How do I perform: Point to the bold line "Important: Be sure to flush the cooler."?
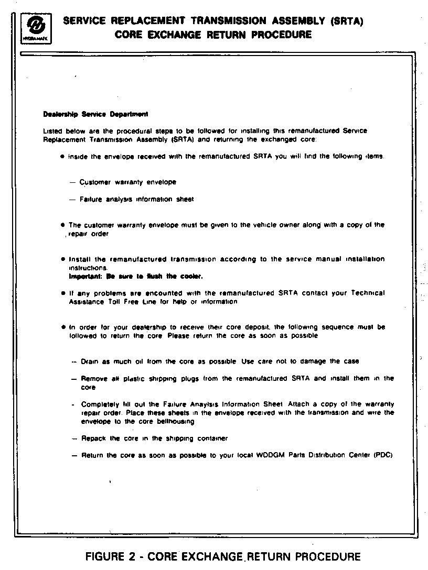[x=136, y=276]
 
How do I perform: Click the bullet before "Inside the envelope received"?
[x=63, y=157]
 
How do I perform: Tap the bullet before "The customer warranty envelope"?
[x=63, y=225]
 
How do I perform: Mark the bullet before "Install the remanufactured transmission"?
[x=63, y=259]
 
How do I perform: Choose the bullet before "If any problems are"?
[x=63, y=293]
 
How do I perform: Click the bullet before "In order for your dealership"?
[x=63, y=327]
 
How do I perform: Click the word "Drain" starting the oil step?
[x=90, y=361]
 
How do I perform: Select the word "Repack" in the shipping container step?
[x=92, y=439]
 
